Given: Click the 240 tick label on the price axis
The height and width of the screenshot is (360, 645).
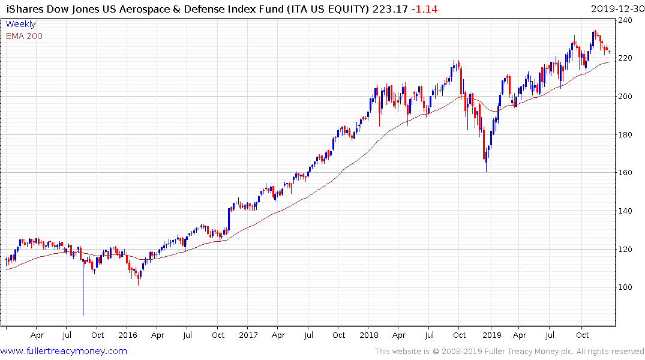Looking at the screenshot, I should click(x=626, y=20).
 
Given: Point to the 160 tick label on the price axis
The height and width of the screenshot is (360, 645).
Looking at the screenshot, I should click(x=626, y=173).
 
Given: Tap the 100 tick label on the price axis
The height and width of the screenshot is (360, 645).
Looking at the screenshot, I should click(x=626, y=287).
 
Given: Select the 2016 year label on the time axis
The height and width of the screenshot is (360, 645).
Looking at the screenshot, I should click(x=128, y=335).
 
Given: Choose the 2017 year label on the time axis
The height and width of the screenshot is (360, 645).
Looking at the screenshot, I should click(x=248, y=335).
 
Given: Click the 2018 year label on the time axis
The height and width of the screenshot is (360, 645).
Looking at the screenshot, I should click(x=370, y=335).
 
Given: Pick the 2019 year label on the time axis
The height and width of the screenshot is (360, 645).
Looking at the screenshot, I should click(x=491, y=335).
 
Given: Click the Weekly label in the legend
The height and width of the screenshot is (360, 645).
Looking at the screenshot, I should click(x=20, y=25).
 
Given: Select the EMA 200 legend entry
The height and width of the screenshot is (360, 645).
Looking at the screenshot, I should click(x=24, y=36).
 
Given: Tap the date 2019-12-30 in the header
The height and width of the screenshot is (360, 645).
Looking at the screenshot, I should click(x=616, y=8).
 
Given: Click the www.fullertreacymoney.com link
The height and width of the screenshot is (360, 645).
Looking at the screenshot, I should click(x=64, y=351).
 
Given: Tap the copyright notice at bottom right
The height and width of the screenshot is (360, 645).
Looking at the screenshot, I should click(x=509, y=352).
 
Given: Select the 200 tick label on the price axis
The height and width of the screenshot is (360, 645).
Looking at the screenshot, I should click(x=626, y=97).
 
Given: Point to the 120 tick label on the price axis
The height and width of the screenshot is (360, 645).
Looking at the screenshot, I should click(x=626, y=250).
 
